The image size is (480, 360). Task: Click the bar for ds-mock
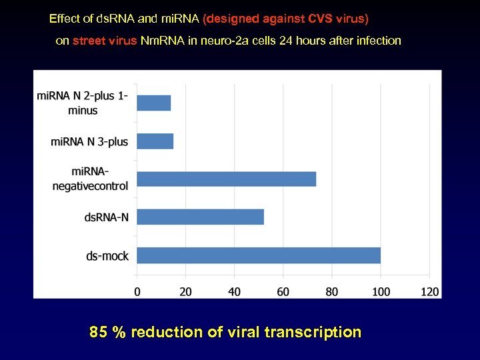pyautogui.click(x=259, y=255)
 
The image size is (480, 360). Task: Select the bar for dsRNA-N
pyautogui.click(x=200, y=217)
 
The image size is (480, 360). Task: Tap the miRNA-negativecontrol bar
pyautogui.click(x=226, y=179)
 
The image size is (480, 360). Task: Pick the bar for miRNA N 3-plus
pyautogui.click(x=155, y=141)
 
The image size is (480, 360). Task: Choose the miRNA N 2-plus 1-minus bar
pyautogui.click(x=153, y=103)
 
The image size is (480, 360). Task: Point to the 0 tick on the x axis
pyautogui.click(x=137, y=291)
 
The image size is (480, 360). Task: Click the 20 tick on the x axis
pyautogui.click(x=185, y=291)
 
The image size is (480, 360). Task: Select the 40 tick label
pyautogui.click(x=235, y=291)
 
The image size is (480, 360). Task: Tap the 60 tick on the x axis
pyautogui.click(x=283, y=291)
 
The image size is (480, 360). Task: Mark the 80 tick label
pyautogui.click(x=332, y=291)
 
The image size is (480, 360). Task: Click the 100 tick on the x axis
pyautogui.click(x=381, y=291)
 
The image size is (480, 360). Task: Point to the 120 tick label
pyautogui.click(x=429, y=291)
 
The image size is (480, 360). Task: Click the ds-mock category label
pyautogui.click(x=107, y=256)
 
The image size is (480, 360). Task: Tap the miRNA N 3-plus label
pyautogui.click(x=89, y=141)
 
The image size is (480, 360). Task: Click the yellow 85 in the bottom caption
pyautogui.click(x=99, y=332)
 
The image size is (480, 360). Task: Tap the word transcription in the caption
pyautogui.click(x=313, y=332)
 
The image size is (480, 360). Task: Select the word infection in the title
pyautogui.click(x=378, y=41)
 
